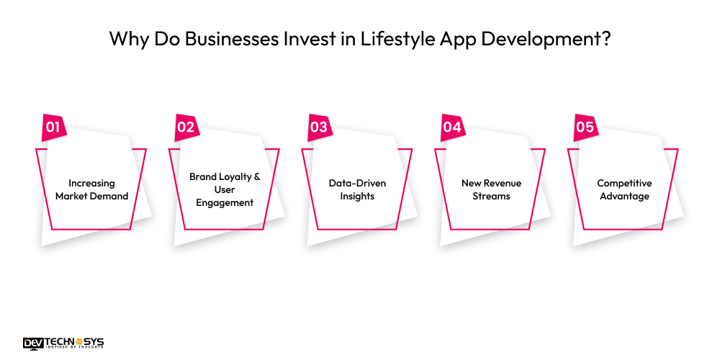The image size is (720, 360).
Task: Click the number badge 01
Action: coord(53,127)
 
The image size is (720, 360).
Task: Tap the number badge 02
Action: coord(186,127)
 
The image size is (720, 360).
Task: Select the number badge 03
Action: coord(319,127)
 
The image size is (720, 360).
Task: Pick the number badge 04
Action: coord(452,127)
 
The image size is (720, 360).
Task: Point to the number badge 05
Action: coord(585,127)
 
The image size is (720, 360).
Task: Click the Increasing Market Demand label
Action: coord(91,189)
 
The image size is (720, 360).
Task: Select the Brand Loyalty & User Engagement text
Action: coord(225,189)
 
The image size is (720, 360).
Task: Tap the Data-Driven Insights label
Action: coord(358,189)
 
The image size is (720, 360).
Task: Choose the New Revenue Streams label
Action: coord(490,189)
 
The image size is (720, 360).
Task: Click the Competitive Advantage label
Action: coord(624,189)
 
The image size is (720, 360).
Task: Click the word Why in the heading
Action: coord(125,39)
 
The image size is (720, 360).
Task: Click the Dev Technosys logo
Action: coord(63,343)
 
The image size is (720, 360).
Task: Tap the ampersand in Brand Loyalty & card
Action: coord(256,176)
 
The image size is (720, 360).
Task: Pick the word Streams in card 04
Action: coord(490,196)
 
